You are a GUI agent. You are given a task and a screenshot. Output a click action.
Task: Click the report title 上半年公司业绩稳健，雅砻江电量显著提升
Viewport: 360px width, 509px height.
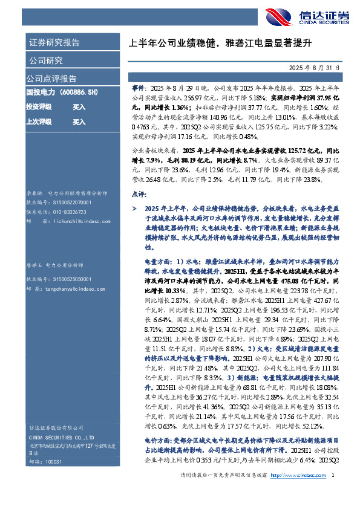[x=221, y=43]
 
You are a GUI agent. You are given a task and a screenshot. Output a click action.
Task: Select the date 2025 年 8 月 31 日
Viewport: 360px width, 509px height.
[x=319, y=68]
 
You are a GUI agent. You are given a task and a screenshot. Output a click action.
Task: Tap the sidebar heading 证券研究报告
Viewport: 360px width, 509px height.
[x=53, y=43]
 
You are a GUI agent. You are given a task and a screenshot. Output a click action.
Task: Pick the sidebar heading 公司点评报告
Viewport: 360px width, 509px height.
[x=51, y=79]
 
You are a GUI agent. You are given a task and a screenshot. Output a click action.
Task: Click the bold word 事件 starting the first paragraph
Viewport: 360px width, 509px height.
[x=138, y=88]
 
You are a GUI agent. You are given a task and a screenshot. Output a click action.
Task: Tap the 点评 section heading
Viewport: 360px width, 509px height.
[x=139, y=195]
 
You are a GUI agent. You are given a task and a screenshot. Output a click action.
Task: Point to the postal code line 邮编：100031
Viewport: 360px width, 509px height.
[x=45, y=461]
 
